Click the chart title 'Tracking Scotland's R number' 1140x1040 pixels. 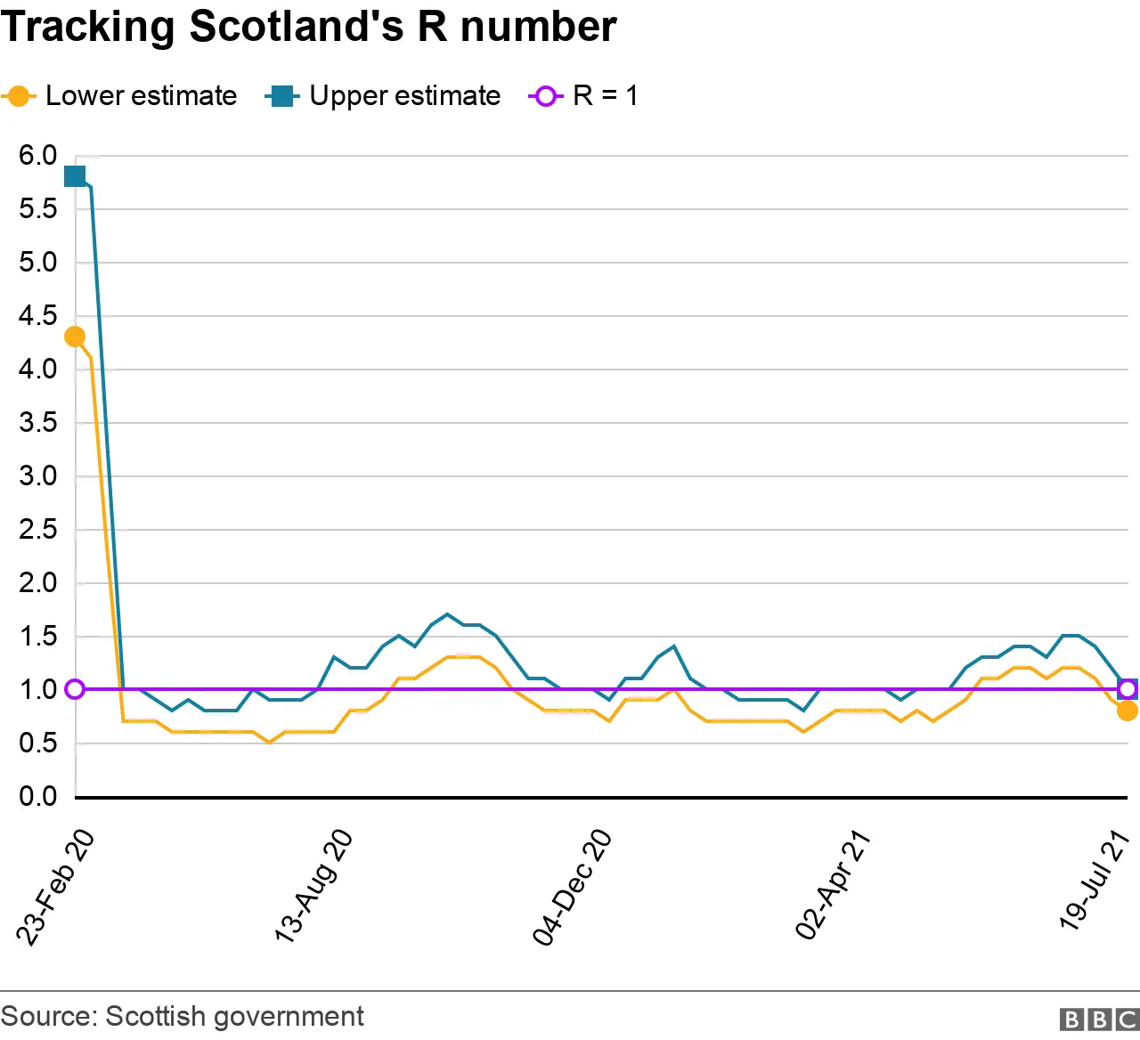pyautogui.click(x=308, y=27)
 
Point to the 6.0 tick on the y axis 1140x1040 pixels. pyautogui.click(x=37, y=156)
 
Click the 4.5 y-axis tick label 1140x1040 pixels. pyautogui.click(x=37, y=316)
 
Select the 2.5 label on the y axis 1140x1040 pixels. pyautogui.click(x=37, y=530)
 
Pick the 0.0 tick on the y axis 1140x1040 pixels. pyautogui.click(x=37, y=796)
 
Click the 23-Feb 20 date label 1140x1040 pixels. pyautogui.click(x=55, y=887)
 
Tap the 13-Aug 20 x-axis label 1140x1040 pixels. pyautogui.click(x=313, y=885)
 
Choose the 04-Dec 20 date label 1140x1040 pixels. pyautogui.click(x=573, y=886)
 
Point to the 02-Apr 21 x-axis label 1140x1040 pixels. pyautogui.click(x=833, y=885)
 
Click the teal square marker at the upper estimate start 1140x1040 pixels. pyautogui.click(x=75, y=176)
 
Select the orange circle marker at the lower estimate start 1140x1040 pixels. pyautogui.click(x=75, y=337)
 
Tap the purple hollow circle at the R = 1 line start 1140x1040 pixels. pyautogui.click(x=75, y=689)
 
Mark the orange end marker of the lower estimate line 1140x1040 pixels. pyautogui.click(x=1128, y=711)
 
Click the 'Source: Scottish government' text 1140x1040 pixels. pyautogui.click(x=183, y=1016)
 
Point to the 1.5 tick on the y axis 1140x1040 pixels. pyautogui.click(x=37, y=637)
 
